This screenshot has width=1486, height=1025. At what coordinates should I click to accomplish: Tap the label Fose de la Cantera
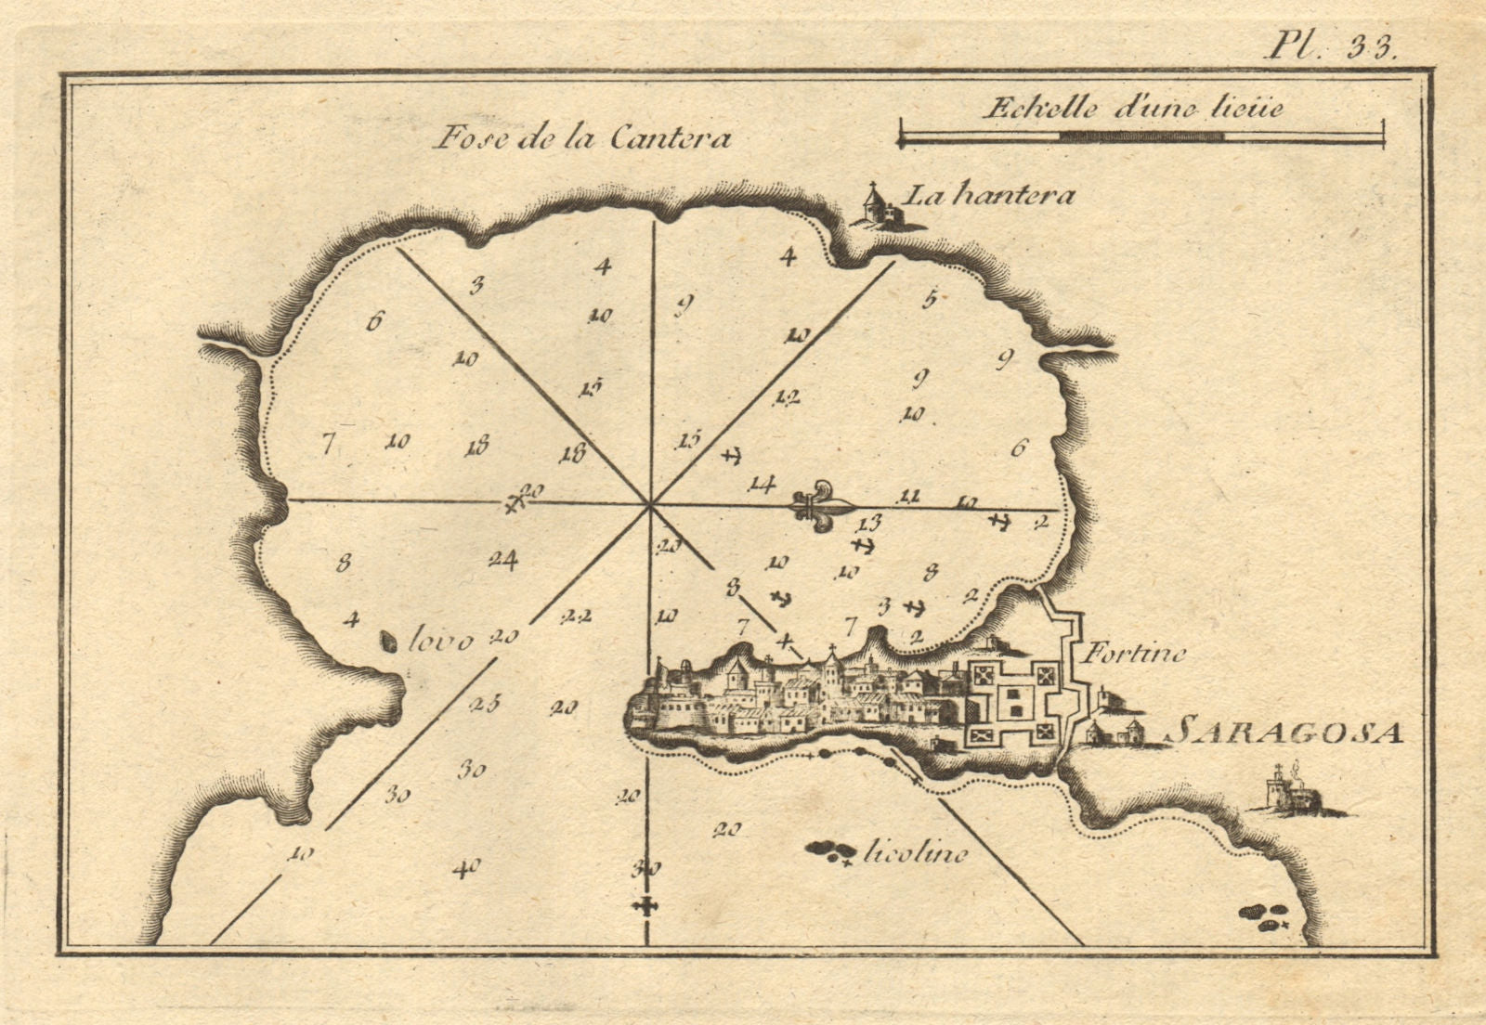click(582, 138)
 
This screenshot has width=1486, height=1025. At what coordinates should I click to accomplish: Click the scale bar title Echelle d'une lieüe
click(1132, 108)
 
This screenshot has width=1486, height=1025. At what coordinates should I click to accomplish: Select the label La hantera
click(989, 196)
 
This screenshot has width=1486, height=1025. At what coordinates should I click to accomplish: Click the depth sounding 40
click(465, 869)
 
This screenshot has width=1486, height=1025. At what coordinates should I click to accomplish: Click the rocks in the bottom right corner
click(1264, 916)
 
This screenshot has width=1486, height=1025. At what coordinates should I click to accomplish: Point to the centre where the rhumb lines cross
click(648, 503)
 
